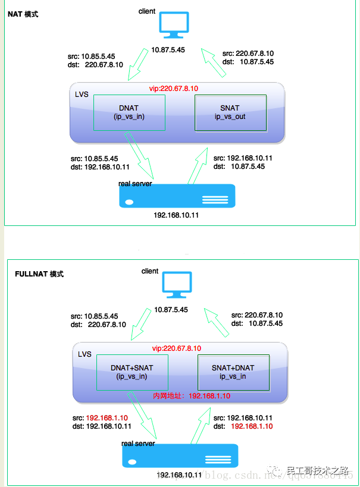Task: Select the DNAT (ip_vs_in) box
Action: click(129, 112)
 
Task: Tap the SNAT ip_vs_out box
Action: click(230, 112)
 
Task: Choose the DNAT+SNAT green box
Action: click(132, 372)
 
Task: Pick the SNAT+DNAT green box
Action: click(233, 372)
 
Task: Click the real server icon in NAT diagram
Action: click(177, 196)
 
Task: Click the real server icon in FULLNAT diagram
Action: click(180, 456)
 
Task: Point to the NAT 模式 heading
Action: click(23, 14)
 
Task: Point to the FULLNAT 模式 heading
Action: click(39, 274)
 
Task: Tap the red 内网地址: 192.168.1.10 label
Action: click(192, 396)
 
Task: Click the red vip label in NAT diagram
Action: click(174, 88)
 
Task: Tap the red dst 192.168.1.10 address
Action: click(252, 426)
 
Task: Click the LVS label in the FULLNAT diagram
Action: click(85, 354)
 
